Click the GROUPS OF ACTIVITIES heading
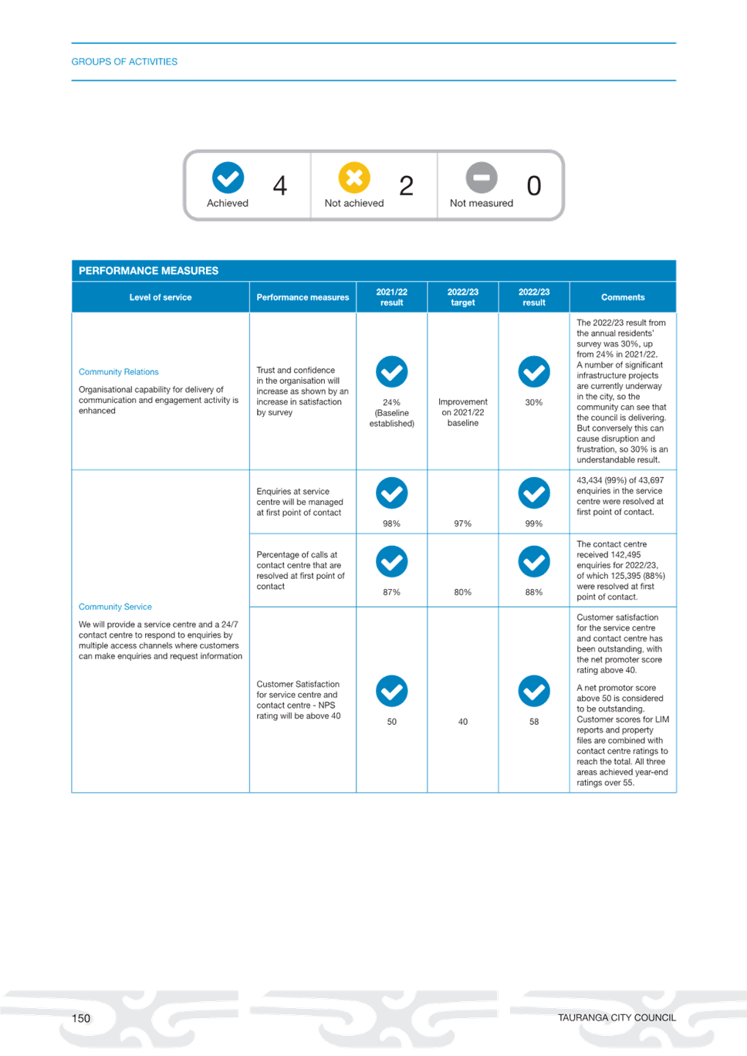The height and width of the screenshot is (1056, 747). [x=124, y=62]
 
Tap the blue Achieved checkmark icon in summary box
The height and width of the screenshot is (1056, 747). [x=228, y=178]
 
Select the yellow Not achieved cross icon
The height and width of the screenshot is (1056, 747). [x=354, y=178]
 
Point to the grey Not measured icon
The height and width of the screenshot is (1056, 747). [x=482, y=178]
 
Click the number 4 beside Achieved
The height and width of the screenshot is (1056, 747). [x=280, y=185]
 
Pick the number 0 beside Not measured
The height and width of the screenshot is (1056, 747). [x=533, y=185]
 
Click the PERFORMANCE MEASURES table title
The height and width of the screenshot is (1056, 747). [x=148, y=271]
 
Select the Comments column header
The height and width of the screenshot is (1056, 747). [x=623, y=297]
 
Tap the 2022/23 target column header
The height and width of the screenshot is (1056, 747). [x=463, y=297]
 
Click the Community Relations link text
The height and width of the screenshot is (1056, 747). [x=118, y=372]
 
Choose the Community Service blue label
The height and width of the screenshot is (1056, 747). [x=115, y=607]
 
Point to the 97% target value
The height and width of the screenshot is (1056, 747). [x=463, y=524]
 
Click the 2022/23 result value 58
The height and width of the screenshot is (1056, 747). [x=534, y=722]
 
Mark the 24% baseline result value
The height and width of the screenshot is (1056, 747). [x=392, y=403]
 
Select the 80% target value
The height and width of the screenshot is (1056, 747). [x=463, y=592]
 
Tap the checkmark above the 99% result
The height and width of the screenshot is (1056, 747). [x=534, y=493]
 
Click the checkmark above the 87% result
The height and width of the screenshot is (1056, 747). [x=392, y=561]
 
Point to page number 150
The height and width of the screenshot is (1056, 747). [x=81, y=1018]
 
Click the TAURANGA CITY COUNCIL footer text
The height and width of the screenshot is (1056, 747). [x=617, y=1018]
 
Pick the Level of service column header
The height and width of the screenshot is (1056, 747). [x=161, y=297]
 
